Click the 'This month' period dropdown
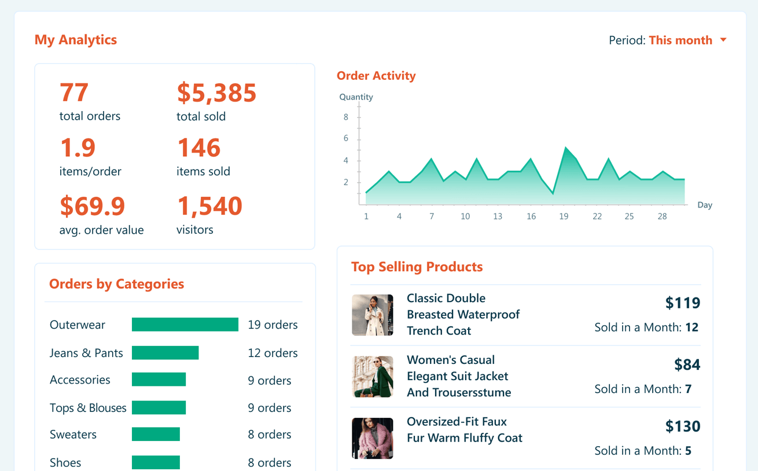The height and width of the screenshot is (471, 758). tap(686, 41)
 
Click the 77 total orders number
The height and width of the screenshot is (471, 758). tap(74, 93)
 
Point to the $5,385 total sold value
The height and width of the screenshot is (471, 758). tap(216, 93)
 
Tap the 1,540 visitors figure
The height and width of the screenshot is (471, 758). tap(209, 207)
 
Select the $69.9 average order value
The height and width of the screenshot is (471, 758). tap(93, 207)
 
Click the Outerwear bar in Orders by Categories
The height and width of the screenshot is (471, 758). tap(185, 325)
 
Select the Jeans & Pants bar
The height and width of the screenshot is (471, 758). tap(165, 352)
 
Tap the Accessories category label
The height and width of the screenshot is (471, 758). tap(80, 380)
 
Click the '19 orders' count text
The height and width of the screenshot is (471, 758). tap(273, 325)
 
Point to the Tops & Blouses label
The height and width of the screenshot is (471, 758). tap(88, 408)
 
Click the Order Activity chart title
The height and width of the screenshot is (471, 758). tap(376, 76)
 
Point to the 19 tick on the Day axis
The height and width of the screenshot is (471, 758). tap(564, 216)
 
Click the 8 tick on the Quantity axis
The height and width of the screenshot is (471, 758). tap(346, 117)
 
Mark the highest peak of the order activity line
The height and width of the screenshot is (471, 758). tap(565, 148)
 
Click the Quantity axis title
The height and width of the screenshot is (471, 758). tap(356, 97)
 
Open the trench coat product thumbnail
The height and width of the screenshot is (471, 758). tap(373, 315)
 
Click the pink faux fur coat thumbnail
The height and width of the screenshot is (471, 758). tap(373, 438)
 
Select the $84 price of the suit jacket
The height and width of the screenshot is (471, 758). tap(687, 365)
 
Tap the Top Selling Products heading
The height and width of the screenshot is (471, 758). tap(417, 267)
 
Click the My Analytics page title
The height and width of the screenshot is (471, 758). tap(76, 40)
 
